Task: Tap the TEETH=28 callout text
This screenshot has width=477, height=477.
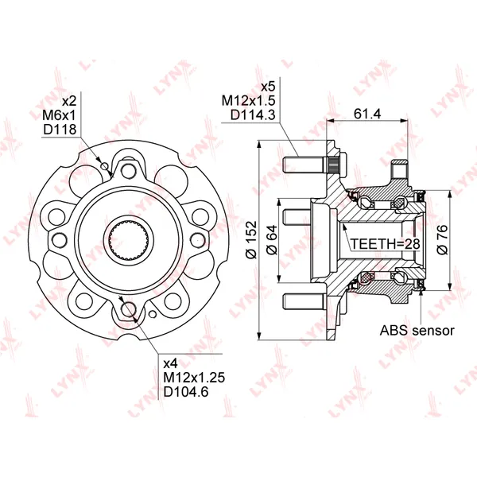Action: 385,244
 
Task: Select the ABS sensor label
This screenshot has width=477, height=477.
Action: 417,330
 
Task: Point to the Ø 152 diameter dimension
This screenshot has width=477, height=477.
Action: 252,240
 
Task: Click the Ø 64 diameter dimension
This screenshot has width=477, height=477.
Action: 272,240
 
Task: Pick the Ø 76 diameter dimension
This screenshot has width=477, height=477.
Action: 442,240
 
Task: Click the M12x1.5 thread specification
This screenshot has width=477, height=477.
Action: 248,101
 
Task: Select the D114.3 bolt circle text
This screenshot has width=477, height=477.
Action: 253,115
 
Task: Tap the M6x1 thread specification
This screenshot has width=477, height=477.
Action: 59,115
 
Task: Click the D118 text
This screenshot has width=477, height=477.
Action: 60,130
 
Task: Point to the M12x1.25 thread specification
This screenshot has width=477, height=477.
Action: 194,377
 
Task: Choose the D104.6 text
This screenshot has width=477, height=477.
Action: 186,391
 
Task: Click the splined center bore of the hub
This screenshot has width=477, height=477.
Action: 129,240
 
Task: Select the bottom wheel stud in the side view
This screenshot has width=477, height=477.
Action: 304,301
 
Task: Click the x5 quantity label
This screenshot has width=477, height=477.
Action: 268,87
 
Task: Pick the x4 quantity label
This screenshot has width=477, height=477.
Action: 170,363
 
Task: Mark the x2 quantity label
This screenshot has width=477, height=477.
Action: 69,101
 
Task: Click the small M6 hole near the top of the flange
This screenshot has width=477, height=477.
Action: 105,166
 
